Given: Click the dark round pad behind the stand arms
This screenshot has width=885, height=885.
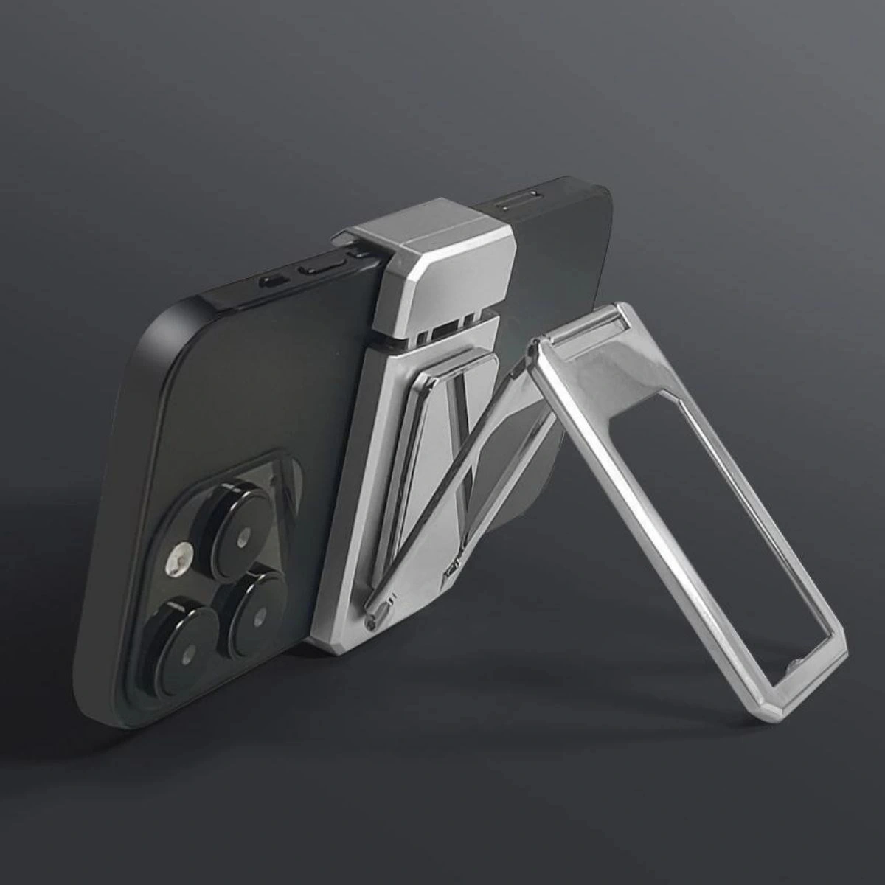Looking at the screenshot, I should (x=516, y=516).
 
